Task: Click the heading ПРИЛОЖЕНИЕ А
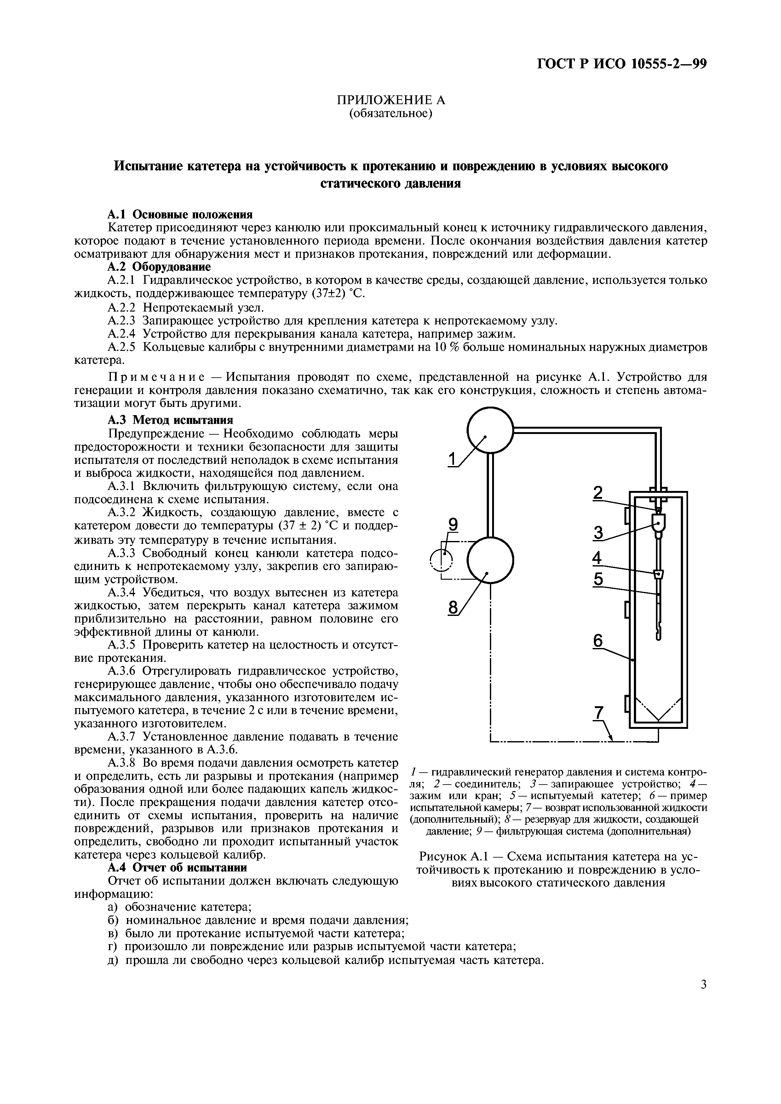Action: click(390, 100)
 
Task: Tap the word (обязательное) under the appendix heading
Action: click(390, 114)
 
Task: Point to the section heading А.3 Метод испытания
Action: click(170, 420)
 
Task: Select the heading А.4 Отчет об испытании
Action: click(177, 867)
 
